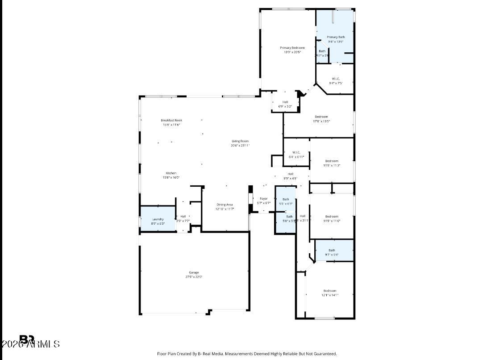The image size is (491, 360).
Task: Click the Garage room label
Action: (x=194, y=272)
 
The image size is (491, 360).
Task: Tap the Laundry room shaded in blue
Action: (x=158, y=219)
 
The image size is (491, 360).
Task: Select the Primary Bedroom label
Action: (x=292, y=48)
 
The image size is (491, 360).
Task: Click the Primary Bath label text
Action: (x=336, y=37)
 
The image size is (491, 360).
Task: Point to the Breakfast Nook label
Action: (x=171, y=120)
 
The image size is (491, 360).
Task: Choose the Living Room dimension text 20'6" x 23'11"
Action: (x=240, y=145)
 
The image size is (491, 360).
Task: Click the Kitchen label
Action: (x=171, y=173)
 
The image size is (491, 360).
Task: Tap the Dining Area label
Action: (x=225, y=205)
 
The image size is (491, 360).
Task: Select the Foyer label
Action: (x=264, y=198)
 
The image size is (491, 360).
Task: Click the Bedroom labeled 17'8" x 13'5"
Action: (x=321, y=117)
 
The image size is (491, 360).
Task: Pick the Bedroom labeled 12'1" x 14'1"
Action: (x=330, y=291)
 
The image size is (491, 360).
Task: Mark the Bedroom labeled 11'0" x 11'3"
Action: (x=332, y=161)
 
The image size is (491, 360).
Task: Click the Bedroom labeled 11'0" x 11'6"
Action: (x=332, y=217)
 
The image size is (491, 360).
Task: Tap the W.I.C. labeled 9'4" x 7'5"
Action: (x=336, y=79)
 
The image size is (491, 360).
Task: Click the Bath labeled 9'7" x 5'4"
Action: (x=332, y=251)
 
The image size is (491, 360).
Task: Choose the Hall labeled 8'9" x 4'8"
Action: (x=291, y=174)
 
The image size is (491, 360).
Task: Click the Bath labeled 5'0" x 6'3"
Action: (x=286, y=199)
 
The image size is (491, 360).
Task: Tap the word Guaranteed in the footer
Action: (x=323, y=353)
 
